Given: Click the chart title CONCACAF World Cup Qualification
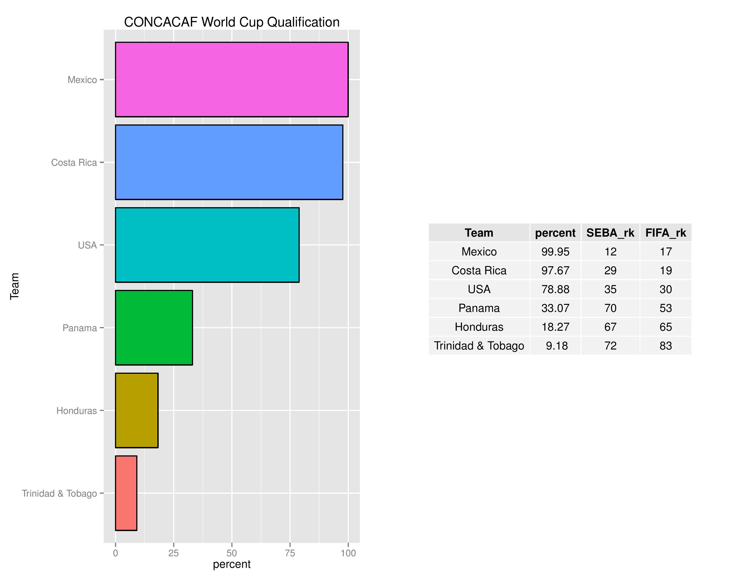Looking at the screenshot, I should [232, 22].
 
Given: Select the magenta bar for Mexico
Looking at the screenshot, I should [232, 79].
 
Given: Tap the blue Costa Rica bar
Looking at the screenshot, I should [229, 162].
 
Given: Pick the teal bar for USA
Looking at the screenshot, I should [207, 245].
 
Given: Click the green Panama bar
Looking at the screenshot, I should [154, 328].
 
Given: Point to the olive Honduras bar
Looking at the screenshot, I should [136, 410].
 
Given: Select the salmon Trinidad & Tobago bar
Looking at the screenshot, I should [126, 493].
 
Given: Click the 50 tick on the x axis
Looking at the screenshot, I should [232, 553].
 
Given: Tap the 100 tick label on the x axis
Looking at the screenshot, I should [348, 553].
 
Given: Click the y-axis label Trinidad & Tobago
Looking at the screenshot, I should [59, 493].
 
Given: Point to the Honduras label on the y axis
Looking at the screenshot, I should [76, 410].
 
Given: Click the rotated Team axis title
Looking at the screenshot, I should [14, 286].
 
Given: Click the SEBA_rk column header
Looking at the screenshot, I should [610, 233].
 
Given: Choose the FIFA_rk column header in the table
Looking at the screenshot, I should [666, 233].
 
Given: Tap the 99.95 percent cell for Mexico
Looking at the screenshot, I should [555, 252].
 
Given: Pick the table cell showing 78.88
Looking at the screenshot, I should [555, 289].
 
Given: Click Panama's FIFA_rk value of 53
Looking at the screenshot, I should [666, 308].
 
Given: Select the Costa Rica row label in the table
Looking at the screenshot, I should [479, 270].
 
